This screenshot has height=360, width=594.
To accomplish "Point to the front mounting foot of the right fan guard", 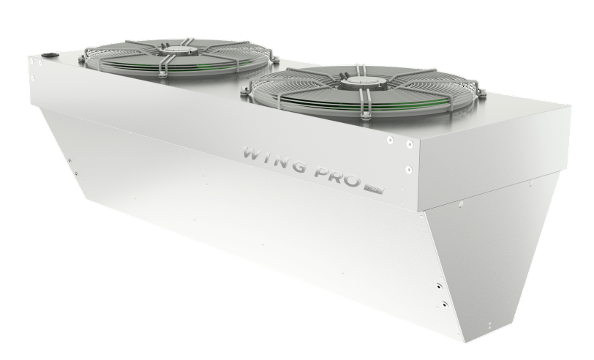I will (364, 115).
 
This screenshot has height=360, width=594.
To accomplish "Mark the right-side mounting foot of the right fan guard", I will (481, 94).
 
